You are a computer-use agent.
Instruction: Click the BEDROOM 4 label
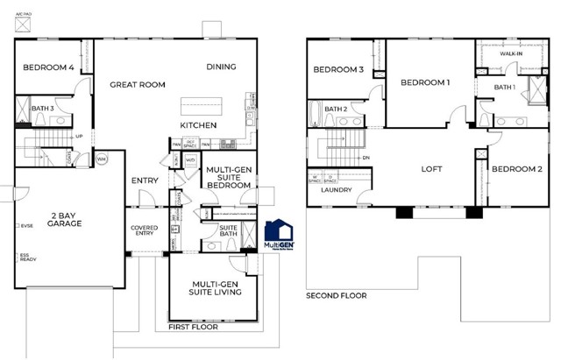[47, 67]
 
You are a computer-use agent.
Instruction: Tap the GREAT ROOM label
[138, 85]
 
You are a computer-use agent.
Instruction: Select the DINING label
[221, 67]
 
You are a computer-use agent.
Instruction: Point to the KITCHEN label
[198, 125]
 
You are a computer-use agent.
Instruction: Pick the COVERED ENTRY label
[144, 230]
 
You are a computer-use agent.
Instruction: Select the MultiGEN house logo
[280, 232]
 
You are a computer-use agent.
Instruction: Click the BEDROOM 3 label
[338, 70]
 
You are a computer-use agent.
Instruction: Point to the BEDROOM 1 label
[425, 83]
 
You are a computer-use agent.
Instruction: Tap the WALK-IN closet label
[511, 54]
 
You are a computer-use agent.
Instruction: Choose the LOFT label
[431, 169]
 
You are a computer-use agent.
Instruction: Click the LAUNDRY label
[337, 190]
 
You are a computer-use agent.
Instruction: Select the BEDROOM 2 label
[515, 169]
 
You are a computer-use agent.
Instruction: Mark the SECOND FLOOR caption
[337, 296]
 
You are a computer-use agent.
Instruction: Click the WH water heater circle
[101, 159]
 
